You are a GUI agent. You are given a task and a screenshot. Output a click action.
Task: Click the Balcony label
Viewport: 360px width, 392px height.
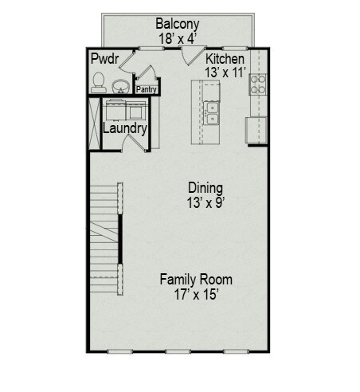[177, 24]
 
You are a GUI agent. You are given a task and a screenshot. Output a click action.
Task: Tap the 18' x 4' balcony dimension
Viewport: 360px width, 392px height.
[177, 37]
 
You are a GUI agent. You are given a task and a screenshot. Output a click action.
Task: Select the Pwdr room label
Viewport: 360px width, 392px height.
[104, 60]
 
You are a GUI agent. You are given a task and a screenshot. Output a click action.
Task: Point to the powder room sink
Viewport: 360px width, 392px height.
[121, 84]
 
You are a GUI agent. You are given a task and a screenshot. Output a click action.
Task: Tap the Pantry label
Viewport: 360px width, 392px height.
[146, 90]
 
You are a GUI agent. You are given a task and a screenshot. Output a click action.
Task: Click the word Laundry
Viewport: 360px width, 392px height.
[125, 128]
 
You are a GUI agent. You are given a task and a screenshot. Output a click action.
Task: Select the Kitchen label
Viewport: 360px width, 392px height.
[225, 60]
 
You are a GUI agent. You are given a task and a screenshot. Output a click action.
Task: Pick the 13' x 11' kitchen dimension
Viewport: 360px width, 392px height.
[225, 73]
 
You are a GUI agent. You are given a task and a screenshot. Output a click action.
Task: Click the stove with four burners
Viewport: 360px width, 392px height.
[258, 84]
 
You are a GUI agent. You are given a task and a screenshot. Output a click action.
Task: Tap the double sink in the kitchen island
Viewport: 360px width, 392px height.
[211, 113]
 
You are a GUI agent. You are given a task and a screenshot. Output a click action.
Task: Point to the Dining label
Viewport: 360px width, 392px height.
[205, 188]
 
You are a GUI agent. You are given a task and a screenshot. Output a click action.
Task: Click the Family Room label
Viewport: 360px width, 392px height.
[196, 280]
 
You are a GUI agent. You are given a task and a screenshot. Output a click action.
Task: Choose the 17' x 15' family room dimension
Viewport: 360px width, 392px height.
[196, 294]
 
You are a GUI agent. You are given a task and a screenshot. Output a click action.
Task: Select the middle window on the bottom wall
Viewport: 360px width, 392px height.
[177, 351]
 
